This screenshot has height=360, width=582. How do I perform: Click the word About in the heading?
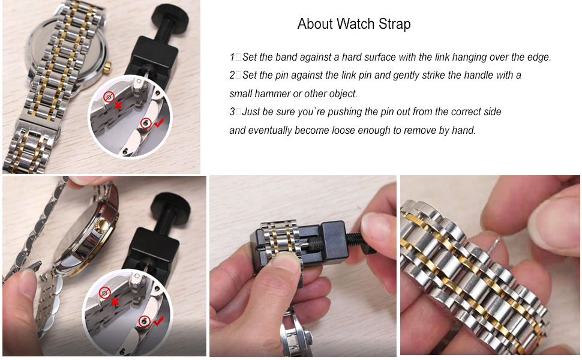click(316, 24)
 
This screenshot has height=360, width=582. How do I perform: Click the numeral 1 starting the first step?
click(232, 58)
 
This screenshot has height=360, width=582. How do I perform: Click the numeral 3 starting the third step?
click(232, 112)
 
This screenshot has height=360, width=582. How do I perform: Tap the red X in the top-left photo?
click(119, 105)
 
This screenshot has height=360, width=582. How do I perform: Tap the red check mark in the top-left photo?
click(158, 123)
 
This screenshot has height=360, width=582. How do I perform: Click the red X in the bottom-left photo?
click(115, 302)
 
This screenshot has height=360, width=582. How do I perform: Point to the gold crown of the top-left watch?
click(108, 64)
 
